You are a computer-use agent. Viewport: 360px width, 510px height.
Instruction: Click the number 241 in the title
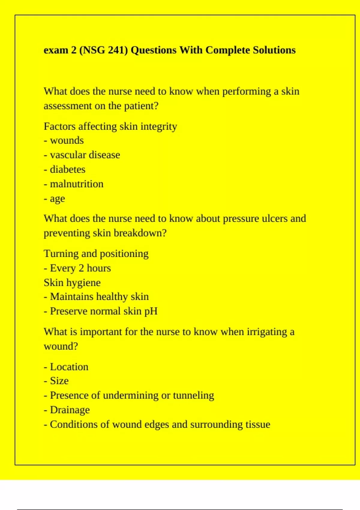point(116,50)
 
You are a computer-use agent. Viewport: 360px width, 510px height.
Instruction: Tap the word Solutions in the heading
point(274,50)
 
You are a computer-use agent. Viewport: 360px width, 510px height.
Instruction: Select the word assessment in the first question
point(67,106)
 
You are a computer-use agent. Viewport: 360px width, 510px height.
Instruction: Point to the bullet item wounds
point(67,140)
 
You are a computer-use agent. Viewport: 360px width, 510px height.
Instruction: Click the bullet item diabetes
point(67,169)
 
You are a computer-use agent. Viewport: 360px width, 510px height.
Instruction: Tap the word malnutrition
point(76,184)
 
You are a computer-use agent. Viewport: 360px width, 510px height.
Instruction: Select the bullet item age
point(57,199)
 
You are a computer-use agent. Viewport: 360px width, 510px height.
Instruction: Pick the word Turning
point(61,254)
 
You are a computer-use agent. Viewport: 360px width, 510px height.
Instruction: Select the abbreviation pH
point(151,311)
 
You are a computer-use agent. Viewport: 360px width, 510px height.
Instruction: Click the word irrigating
point(267,332)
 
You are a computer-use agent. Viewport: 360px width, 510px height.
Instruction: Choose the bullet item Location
point(69,367)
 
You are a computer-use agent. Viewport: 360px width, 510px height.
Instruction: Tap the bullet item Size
point(59,381)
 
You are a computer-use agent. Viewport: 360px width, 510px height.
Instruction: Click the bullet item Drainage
point(70,410)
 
